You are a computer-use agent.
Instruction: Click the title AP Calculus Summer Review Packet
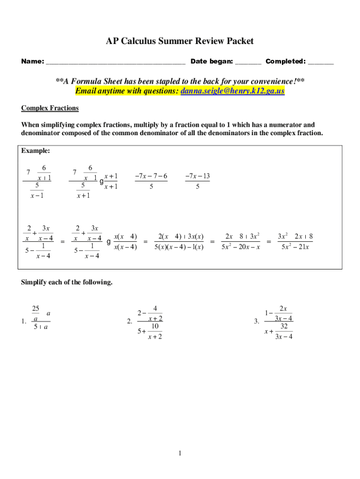point(180,41)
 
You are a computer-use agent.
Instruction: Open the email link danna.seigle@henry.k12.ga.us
point(232,91)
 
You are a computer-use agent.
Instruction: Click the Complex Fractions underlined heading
point(50,109)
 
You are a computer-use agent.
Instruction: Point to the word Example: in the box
point(36,151)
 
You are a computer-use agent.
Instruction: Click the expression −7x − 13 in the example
point(197,176)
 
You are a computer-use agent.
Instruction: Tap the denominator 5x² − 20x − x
point(240,247)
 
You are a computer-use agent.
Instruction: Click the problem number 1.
point(23,321)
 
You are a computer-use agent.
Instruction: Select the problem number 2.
point(130,321)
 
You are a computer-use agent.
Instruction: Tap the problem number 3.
point(256,321)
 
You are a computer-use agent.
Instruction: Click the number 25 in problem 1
point(36,308)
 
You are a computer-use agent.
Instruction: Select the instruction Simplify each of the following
point(67,283)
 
